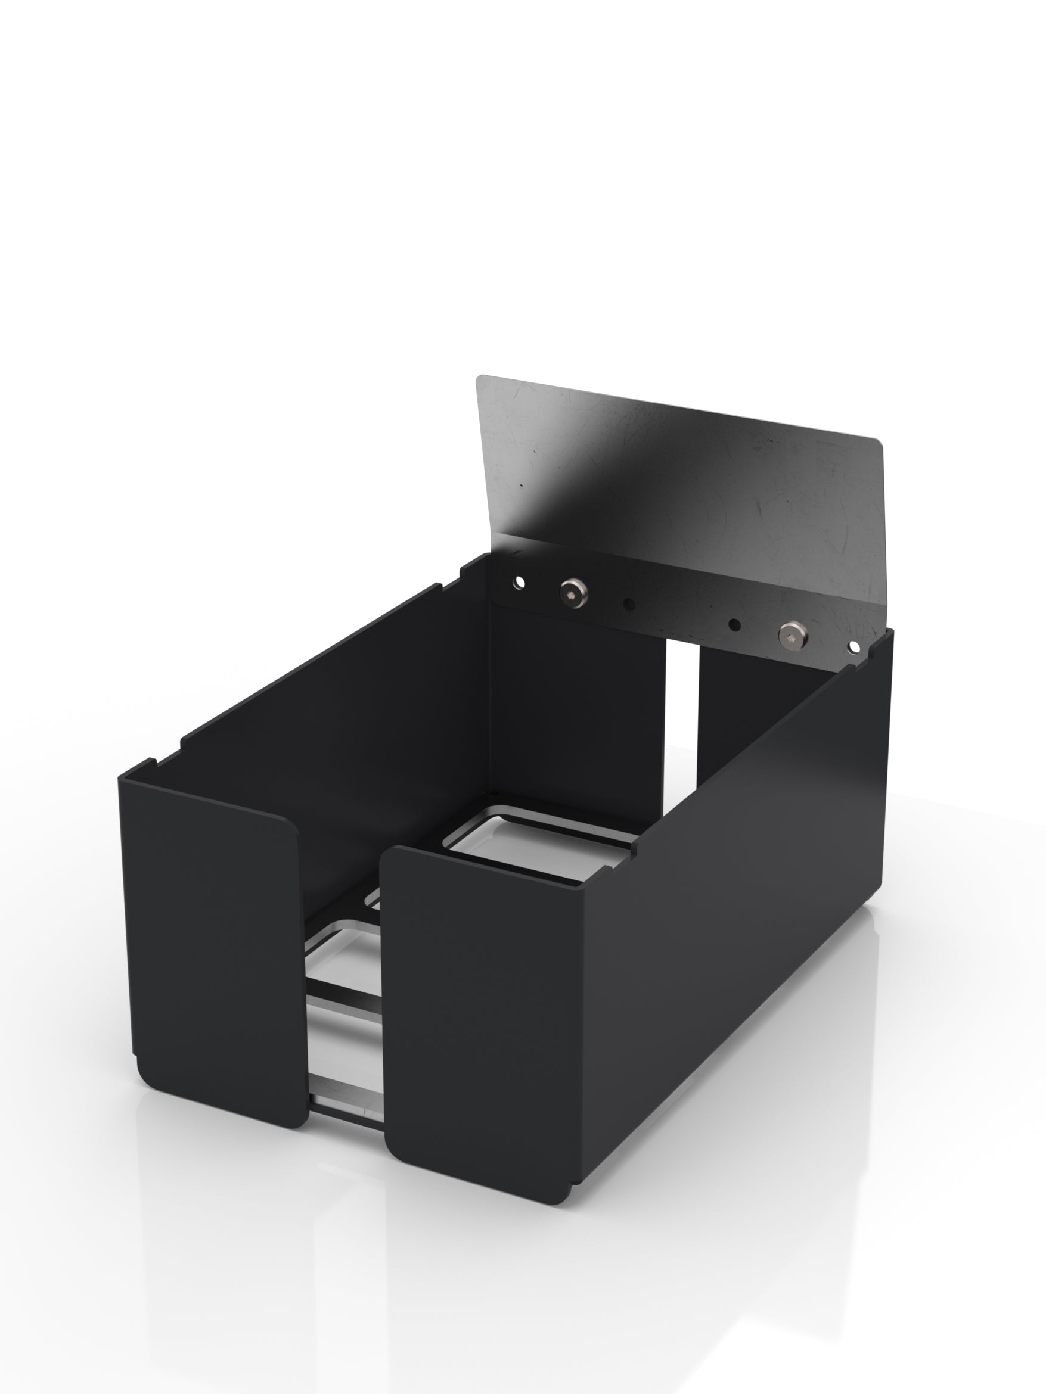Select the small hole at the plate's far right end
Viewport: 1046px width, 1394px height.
coord(854,646)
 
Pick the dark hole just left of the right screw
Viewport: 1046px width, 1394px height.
coord(734,624)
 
